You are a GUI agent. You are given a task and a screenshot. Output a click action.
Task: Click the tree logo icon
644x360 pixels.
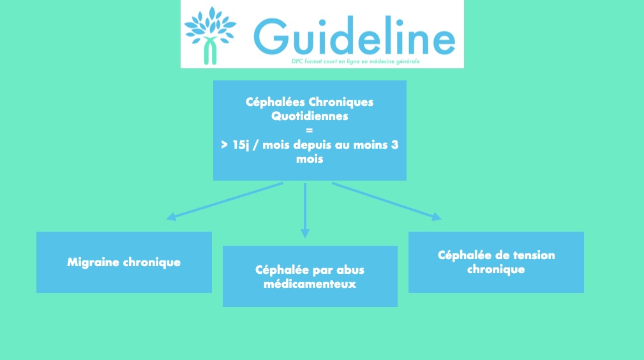[x=210, y=35]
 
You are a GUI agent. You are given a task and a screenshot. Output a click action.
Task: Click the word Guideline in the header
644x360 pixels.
[x=354, y=36]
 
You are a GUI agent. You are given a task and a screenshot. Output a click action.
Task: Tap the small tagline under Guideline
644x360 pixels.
[x=356, y=61]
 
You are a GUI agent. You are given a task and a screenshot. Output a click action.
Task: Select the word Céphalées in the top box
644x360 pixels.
[x=275, y=102]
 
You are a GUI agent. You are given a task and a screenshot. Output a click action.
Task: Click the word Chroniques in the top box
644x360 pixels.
[x=341, y=102]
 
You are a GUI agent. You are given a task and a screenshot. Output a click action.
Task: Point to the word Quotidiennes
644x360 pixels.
[x=310, y=116]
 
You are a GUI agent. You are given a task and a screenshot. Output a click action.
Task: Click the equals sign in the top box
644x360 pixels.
[x=310, y=131]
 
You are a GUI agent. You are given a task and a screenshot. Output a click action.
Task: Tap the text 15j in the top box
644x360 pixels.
[x=241, y=145]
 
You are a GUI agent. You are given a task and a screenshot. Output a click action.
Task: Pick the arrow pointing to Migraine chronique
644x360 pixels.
[x=225, y=201]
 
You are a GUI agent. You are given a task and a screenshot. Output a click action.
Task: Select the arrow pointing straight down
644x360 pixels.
[x=304, y=211]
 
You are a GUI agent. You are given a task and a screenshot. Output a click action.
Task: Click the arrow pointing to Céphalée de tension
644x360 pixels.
[x=387, y=201]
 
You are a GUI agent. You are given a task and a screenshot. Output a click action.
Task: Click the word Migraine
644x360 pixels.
[x=93, y=262]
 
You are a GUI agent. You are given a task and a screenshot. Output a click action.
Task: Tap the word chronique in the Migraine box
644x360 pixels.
[x=152, y=262]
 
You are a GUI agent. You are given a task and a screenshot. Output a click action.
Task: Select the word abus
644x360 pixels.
[x=350, y=270]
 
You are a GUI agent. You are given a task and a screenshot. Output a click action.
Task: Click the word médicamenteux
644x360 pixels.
[x=310, y=284]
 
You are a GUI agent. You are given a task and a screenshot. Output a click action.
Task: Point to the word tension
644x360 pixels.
[x=534, y=255]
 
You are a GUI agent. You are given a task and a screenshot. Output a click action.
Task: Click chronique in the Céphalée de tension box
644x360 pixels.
[x=496, y=269]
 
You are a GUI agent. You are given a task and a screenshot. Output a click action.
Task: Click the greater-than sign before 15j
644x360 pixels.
[x=224, y=145]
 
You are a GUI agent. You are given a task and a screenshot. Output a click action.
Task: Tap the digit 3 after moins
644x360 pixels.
[x=394, y=145]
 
